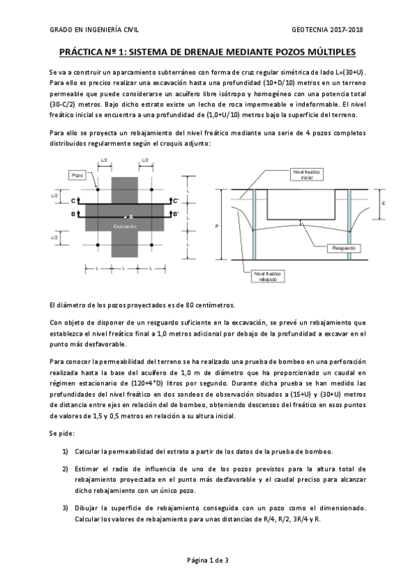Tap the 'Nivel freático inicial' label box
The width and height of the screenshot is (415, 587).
pos(307,174)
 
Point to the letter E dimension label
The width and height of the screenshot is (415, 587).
pos(383,204)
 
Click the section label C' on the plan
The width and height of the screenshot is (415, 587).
pos(176,201)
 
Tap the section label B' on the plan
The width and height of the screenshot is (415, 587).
pos(176,215)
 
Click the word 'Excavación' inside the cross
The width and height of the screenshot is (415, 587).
pos(125,226)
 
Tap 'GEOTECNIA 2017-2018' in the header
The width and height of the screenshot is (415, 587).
pos(329,30)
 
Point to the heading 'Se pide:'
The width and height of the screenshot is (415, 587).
pos(62,432)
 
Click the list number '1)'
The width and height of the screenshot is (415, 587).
pos(65,451)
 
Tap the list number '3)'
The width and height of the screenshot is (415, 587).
pos(65,509)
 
